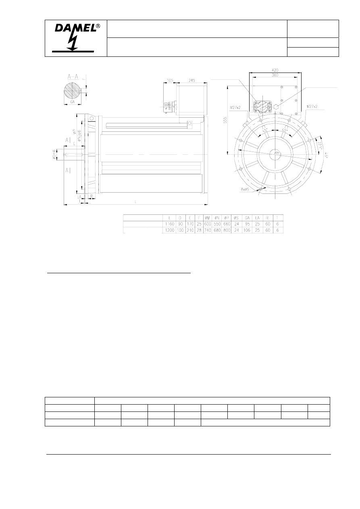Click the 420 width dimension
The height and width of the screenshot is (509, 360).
[x=275, y=70]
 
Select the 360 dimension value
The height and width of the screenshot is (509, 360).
[x=275, y=75]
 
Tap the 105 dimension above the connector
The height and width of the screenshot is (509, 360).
[x=170, y=81]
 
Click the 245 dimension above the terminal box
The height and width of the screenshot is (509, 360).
[x=191, y=81]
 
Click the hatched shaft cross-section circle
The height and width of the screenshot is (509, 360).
[x=73, y=91]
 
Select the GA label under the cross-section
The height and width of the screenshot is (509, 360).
[x=73, y=102]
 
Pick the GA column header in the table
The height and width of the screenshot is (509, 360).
[x=248, y=218]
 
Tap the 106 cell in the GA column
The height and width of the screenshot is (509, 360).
[x=248, y=231]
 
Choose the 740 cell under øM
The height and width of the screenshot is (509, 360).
[x=208, y=231]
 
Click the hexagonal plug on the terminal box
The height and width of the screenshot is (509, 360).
[x=277, y=107]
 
